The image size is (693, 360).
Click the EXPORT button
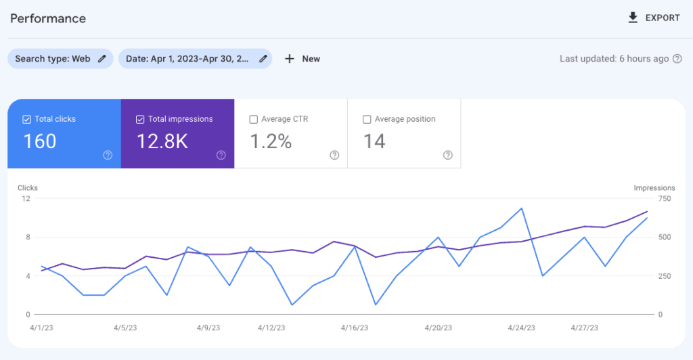click(654, 18)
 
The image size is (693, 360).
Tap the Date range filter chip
click(195, 59)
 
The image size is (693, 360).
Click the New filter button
click(303, 59)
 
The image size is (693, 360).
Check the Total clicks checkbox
click(27, 119)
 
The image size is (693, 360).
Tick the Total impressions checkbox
click(140, 119)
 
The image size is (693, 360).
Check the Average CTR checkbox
click(254, 119)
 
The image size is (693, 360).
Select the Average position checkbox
click(367, 119)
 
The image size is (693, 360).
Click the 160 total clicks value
click(40, 141)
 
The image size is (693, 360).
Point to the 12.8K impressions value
click(162, 141)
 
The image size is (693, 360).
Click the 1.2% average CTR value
click(271, 141)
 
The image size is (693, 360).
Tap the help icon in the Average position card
click(447, 155)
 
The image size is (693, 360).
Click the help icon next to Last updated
click(676, 59)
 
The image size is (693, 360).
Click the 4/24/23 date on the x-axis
click(521, 328)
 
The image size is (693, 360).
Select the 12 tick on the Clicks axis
click(26, 198)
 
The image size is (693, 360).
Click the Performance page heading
click(48, 18)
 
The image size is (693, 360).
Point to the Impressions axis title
click(654, 187)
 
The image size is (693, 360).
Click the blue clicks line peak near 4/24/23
click(521, 208)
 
